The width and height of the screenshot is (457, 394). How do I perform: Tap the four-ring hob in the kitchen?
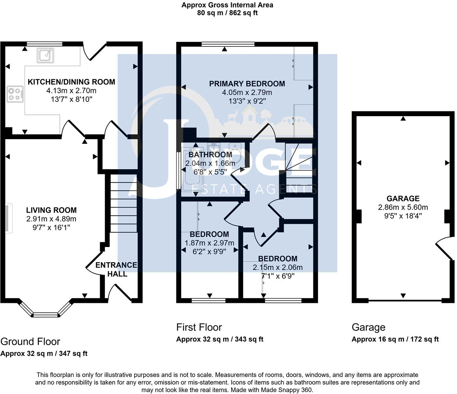[15, 94]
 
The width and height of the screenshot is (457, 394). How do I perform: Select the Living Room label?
[51, 210]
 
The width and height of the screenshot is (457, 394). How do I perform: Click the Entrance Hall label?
[117, 269]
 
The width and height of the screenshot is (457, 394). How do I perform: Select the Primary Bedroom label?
[247, 84]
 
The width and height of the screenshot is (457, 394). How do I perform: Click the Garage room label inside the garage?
[403, 199]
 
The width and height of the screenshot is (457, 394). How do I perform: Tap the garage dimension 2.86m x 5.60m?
[403, 207]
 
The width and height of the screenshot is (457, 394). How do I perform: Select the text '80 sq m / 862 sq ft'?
[227, 13]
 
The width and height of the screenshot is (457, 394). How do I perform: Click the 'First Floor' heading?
[199, 327]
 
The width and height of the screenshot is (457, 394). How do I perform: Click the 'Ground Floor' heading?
[31, 342]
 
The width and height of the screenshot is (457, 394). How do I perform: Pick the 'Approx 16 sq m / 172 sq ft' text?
[395, 339]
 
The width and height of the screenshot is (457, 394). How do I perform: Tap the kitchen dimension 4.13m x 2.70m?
[71, 91]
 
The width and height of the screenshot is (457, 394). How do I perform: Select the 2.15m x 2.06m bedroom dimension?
[278, 267]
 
